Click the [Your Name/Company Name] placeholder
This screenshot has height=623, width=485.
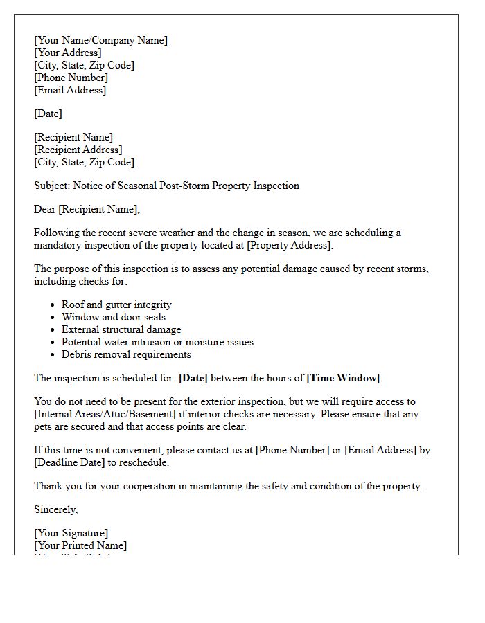100,40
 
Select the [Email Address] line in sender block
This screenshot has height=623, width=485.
70,90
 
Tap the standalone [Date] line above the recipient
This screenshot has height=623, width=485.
48,114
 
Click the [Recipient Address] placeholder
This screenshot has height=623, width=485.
78,150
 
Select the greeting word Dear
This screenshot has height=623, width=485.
45,209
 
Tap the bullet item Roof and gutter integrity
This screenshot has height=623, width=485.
116,305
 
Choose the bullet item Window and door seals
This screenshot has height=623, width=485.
114,317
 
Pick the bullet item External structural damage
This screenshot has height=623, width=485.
121,329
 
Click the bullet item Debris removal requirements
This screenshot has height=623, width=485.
126,354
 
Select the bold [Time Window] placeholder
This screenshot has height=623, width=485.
343,378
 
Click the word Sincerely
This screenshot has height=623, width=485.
56,509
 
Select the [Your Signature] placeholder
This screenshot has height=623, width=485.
71,533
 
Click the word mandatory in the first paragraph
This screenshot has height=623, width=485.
60,245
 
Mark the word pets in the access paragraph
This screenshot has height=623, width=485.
44,426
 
